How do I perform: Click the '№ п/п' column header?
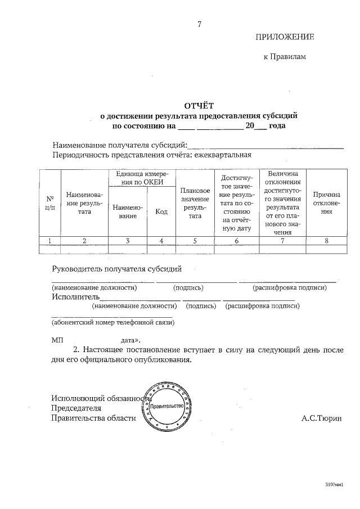49,202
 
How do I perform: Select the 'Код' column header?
161,211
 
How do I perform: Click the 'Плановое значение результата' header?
195,203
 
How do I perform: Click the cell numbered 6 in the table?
236,241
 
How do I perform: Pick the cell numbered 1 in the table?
49,241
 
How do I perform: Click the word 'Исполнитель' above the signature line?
76,296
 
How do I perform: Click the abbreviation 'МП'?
58,341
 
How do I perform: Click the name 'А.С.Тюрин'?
321,418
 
